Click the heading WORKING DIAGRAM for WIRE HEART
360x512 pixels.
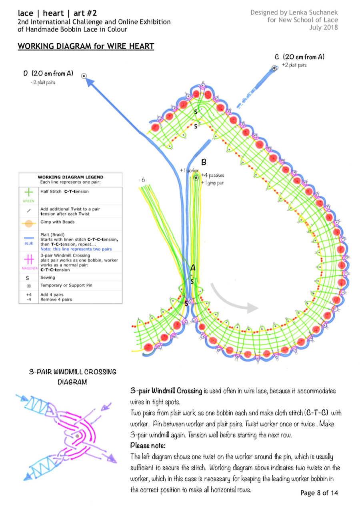coord(86,46)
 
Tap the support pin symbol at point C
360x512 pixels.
coord(275,68)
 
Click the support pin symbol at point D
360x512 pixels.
coord(84,75)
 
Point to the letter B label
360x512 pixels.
coord(204,162)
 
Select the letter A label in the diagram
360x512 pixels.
coord(192,268)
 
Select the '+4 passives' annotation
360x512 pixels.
coord(212,175)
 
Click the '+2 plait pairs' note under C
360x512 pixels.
coord(294,65)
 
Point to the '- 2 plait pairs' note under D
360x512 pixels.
coord(43,82)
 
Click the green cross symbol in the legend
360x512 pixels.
coord(29,192)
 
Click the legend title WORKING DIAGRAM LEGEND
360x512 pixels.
coord(70,177)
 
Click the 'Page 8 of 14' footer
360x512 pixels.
coord(319,493)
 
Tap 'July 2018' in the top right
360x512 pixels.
coord(324,28)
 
